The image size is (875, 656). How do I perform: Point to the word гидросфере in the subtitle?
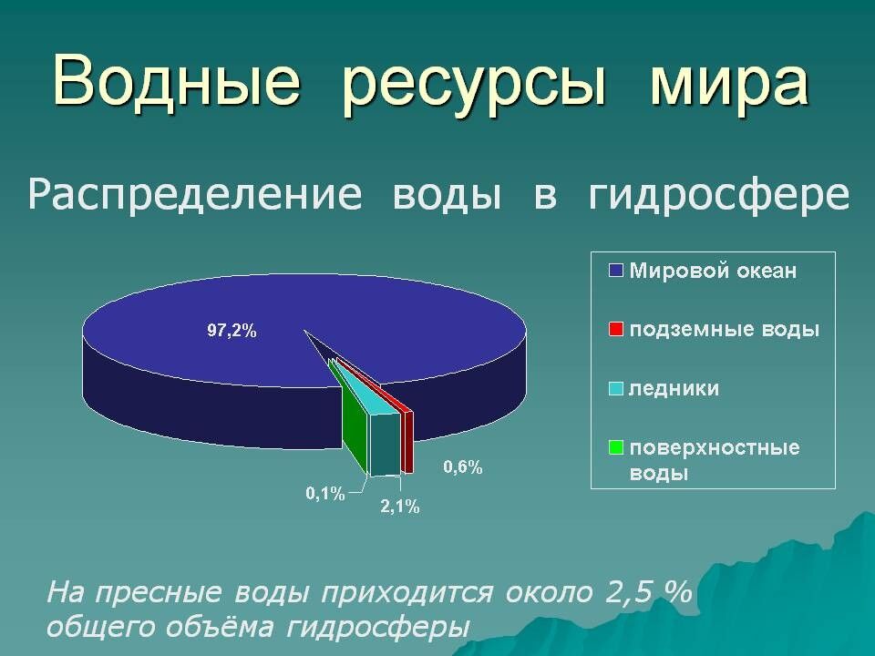tap(719, 196)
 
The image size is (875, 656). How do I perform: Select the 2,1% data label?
tap(399, 507)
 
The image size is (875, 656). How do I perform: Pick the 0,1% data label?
tap(324, 494)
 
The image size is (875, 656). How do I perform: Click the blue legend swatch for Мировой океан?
tap(616, 271)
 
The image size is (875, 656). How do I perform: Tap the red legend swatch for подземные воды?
tap(616, 329)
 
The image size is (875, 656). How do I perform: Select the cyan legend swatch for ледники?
tap(616, 388)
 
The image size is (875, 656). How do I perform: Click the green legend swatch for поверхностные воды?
tap(616, 447)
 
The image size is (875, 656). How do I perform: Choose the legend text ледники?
tap(674, 388)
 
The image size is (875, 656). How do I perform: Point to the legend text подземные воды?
tap(725, 329)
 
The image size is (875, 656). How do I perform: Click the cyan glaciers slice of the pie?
tap(384, 442)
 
